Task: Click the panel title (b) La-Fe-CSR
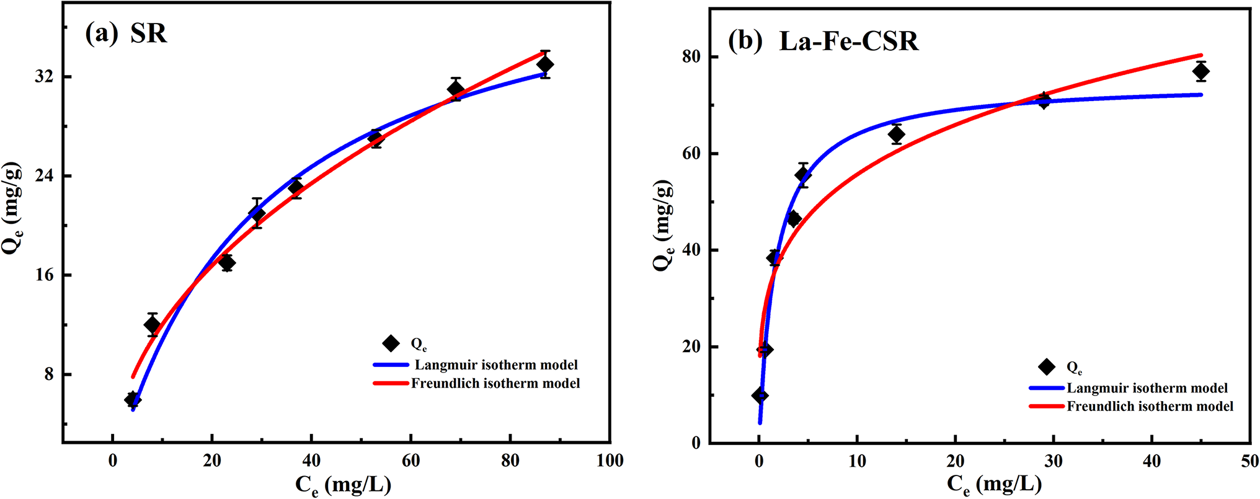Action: tap(823, 42)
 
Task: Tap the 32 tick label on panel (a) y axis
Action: tap(45, 77)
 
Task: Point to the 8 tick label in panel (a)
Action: tap(49, 374)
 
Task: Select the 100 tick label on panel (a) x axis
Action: tap(610, 461)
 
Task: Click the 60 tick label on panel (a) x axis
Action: tap(410, 461)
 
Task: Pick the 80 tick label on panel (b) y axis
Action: tap(691, 56)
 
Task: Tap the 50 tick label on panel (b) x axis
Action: tap(1249, 461)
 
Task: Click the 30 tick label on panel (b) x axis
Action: tap(1053, 461)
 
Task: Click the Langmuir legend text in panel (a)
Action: tap(496, 365)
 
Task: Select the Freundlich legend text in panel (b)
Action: tap(1150, 407)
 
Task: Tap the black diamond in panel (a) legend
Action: tap(391, 343)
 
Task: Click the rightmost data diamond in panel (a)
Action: tap(545, 64)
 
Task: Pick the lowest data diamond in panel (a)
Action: tap(132, 399)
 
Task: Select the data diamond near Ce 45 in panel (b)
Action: tap(1200, 72)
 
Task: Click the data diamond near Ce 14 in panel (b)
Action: tap(896, 135)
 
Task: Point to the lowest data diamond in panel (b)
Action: tap(760, 395)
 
